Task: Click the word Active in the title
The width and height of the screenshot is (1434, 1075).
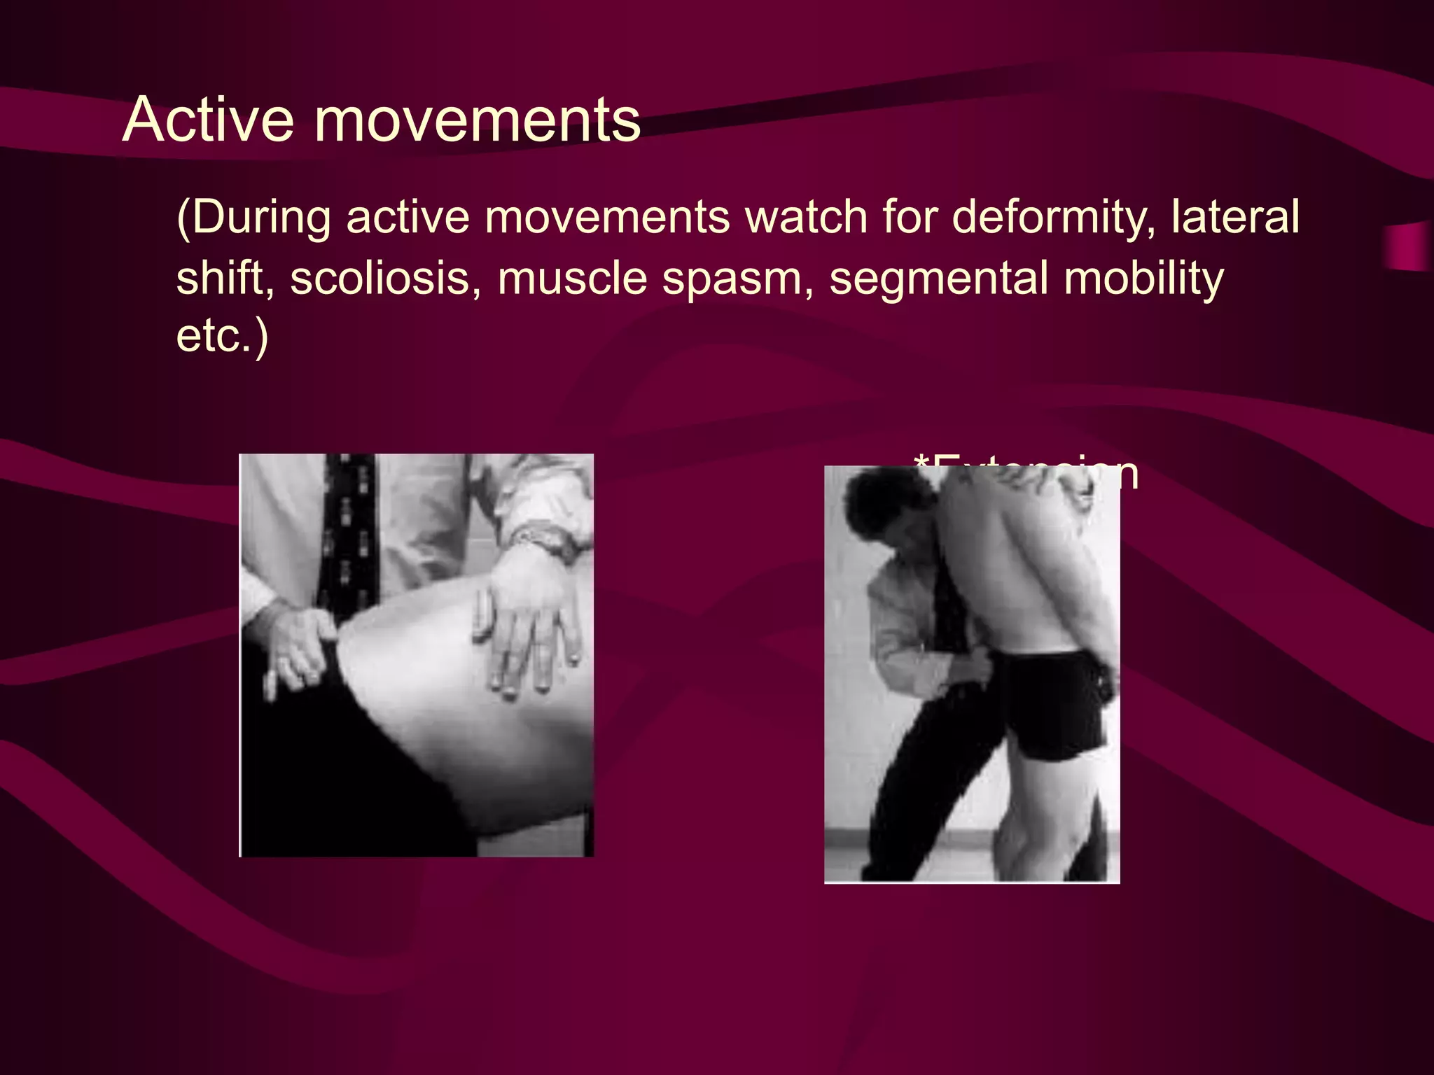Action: pos(208,120)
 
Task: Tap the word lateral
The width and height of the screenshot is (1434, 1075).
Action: pos(1235,217)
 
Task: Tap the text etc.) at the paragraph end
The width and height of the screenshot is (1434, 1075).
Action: pos(222,336)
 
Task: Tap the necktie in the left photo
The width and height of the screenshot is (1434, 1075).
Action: pos(349,532)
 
